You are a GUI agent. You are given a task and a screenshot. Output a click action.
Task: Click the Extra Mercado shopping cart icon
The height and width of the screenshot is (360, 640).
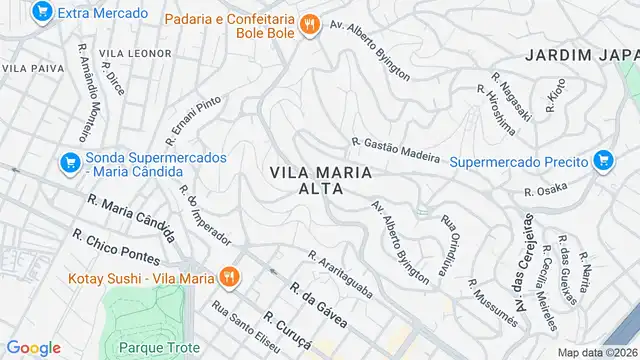41,13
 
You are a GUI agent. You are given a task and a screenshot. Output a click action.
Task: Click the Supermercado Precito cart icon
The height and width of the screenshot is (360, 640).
601,160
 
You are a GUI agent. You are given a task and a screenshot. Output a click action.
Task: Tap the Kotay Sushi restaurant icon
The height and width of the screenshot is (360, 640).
229,276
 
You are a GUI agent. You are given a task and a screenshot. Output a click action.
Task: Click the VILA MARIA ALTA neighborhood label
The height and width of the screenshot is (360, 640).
320,181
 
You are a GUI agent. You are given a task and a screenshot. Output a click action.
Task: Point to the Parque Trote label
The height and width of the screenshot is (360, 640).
154,348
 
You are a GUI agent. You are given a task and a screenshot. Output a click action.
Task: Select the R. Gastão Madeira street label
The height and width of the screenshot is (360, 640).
395,149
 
